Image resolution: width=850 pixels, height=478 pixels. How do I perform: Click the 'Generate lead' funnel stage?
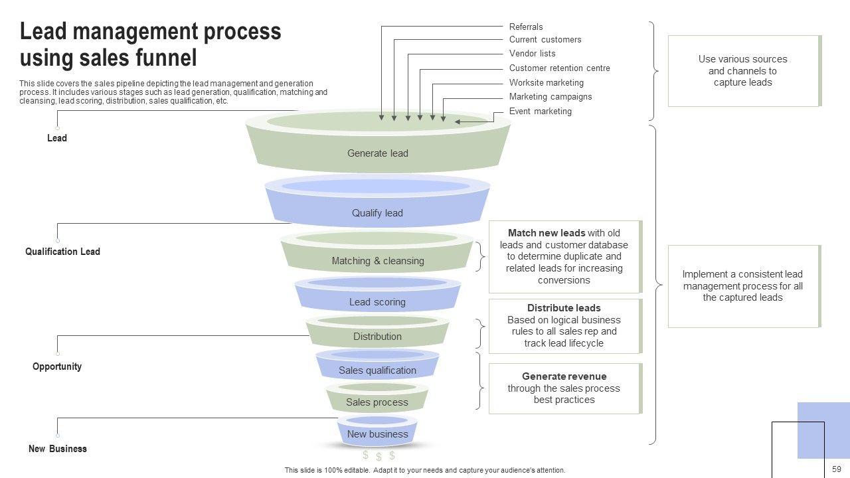click(x=377, y=153)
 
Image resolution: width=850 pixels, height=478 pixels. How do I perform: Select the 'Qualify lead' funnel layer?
click(x=377, y=213)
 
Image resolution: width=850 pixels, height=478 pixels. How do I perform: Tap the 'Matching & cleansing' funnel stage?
click(x=377, y=261)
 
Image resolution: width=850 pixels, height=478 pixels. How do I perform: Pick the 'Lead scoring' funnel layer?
click(x=377, y=302)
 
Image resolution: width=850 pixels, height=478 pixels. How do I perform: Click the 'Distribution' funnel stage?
click(x=377, y=337)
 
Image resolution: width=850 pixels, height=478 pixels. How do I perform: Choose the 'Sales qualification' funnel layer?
click(x=377, y=370)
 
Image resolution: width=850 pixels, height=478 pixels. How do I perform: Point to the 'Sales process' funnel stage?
click(x=377, y=402)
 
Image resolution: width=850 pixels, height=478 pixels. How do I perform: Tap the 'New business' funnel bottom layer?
click(x=377, y=434)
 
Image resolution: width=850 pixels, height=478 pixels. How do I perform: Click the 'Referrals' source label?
click(x=526, y=27)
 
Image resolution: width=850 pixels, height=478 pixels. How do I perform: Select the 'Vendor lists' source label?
click(x=532, y=54)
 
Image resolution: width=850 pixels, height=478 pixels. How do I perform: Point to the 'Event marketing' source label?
click(x=540, y=112)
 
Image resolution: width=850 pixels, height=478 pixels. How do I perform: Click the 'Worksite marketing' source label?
click(x=546, y=83)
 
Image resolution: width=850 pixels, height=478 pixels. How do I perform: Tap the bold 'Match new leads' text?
click(x=547, y=233)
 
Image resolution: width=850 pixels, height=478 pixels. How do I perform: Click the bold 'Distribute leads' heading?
click(x=564, y=308)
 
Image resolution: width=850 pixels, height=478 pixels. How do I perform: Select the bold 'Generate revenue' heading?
click(x=564, y=376)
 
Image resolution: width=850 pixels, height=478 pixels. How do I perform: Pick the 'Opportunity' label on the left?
click(x=57, y=366)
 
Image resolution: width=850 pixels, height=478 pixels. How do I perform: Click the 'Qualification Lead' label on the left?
click(x=62, y=252)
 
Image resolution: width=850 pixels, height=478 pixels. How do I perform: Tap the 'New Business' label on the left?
click(x=58, y=449)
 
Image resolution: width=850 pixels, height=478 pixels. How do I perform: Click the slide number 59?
click(x=836, y=469)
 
